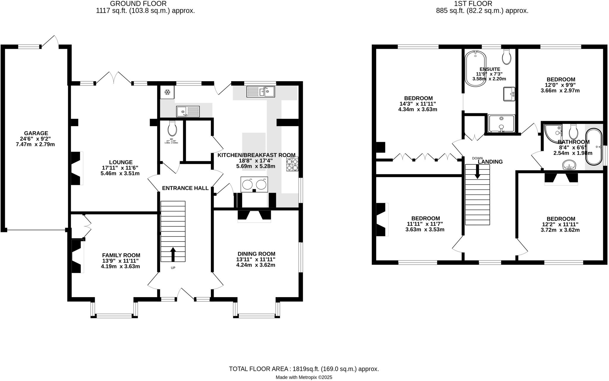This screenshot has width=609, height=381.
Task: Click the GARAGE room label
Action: [x=36, y=133]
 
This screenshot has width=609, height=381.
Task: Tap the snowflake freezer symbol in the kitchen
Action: [x=167, y=93]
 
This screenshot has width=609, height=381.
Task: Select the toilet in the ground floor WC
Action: [x=172, y=128]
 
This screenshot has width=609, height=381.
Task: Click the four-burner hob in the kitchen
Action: [x=292, y=164]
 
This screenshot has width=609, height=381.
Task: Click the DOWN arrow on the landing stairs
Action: [x=477, y=172]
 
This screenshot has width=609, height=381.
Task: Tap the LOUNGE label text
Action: [x=120, y=162]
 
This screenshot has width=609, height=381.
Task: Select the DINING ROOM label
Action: [x=256, y=254]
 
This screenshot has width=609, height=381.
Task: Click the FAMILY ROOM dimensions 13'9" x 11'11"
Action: [x=120, y=261]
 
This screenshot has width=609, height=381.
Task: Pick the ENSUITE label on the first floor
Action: [x=489, y=69]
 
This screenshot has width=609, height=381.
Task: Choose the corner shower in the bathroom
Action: [x=553, y=132]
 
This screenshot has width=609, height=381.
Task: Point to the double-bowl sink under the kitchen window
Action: [x=260, y=92]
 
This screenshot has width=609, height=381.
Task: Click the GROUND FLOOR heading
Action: [x=138, y=4]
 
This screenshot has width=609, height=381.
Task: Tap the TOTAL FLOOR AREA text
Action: [x=304, y=369]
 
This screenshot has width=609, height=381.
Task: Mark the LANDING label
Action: [x=490, y=162]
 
